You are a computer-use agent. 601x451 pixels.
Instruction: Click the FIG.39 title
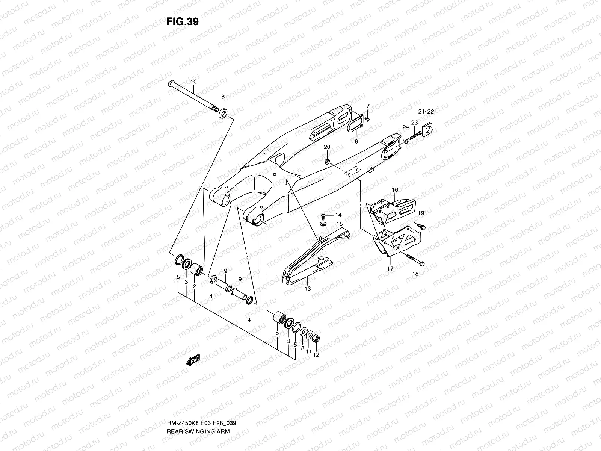182,22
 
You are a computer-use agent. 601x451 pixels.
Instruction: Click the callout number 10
193,82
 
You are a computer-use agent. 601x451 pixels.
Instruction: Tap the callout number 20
326,147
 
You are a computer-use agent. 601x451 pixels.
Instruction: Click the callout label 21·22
426,112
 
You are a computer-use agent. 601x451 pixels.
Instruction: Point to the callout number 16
395,190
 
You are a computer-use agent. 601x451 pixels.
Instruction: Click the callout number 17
390,268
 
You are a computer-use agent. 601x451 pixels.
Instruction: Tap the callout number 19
421,213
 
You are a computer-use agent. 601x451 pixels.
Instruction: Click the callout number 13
308,289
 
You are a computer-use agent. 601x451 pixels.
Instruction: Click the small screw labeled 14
322,216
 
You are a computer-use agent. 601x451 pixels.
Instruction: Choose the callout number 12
316,355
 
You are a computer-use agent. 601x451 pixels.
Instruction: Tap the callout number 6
356,141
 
